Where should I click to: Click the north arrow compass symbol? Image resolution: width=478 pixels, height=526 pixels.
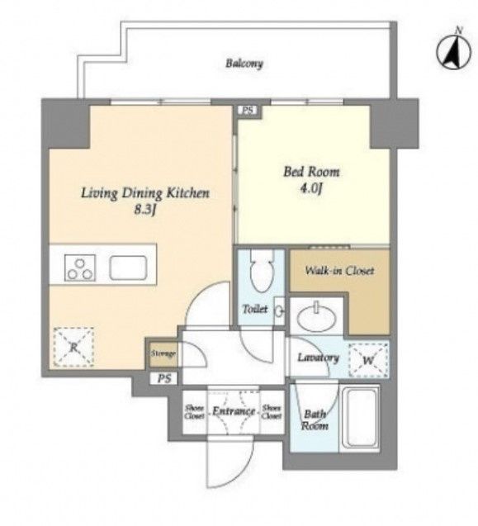pos(453,50)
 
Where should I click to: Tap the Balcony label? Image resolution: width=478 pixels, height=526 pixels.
pos(244,64)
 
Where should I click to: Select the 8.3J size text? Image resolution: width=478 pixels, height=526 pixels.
pos(145,210)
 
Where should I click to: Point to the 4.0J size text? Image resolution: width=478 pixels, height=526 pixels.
pos(310,188)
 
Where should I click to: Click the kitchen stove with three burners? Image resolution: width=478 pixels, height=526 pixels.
pos(80,268)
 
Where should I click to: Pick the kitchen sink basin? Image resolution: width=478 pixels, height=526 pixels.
pos(128,268)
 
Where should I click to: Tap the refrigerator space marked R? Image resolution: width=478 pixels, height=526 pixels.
pos(73,347)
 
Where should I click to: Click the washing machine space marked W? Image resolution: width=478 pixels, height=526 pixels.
pos(368,360)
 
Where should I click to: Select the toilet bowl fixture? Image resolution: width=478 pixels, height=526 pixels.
pos(263,271)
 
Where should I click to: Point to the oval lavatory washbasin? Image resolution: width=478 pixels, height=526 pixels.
pos(317,317)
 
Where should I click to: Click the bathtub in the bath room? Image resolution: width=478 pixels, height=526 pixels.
pos(360,419)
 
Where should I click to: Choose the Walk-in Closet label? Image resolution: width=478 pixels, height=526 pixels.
pos(339,270)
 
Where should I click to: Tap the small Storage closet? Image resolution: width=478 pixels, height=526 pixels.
pos(163,353)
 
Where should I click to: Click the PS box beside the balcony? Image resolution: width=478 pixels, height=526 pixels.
pos(248,111)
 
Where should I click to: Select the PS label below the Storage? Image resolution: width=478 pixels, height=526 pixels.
pos(165,379)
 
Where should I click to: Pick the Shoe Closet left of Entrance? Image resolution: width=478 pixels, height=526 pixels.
pos(195,411)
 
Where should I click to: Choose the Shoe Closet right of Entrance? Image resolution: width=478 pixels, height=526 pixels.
pos(272,411)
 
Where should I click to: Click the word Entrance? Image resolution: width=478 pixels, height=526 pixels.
pos(234,411)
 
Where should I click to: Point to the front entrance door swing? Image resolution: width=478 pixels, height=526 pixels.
pos(230,462)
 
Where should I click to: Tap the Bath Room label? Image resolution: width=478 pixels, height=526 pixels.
pos(315,419)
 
